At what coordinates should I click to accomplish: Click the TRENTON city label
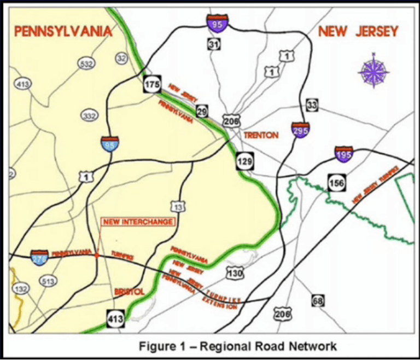(x=261, y=135)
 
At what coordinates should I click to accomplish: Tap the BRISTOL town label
(x=129, y=292)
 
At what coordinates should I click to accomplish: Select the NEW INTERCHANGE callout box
(x=138, y=222)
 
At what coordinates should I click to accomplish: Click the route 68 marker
(x=318, y=300)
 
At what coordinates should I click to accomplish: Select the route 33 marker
(x=312, y=106)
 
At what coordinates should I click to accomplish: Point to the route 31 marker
(x=214, y=44)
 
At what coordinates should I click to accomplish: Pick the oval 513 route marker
(x=48, y=281)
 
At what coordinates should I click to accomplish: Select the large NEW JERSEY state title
(x=358, y=31)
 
